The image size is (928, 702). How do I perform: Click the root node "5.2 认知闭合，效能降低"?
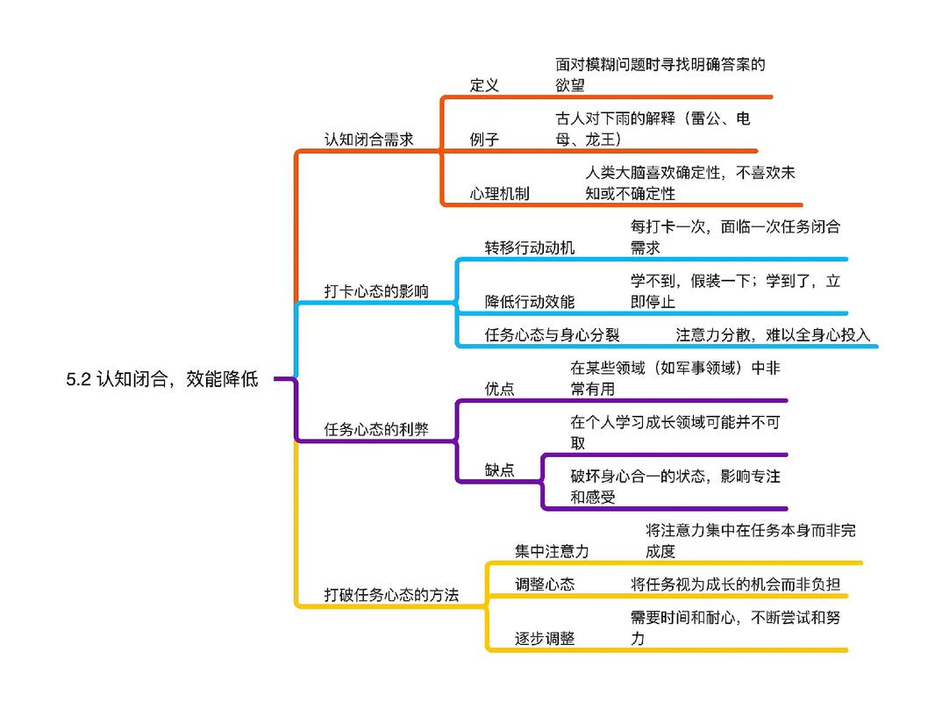(x=162, y=380)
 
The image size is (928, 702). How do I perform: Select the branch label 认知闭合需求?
(x=368, y=140)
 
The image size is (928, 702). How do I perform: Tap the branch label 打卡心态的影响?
(x=376, y=291)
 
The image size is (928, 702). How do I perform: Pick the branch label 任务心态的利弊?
(x=376, y=429)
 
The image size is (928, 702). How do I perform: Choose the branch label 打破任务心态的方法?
(x=391, y=595)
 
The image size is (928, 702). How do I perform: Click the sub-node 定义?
(x=484, y=85)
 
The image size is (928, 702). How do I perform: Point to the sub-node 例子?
(x=484, y=140)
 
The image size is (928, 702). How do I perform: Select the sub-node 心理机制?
(x=499, y=194)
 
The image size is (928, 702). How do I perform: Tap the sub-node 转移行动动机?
(x=530, y=247)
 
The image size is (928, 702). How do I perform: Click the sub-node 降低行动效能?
(x=530, y=302)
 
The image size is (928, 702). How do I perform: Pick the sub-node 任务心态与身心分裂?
(x=553, y=334)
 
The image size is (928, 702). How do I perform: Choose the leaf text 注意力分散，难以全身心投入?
(x=773, y=334)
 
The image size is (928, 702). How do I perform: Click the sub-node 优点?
(x=499, y=389)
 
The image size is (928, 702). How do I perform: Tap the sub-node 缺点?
(x=499, y=469)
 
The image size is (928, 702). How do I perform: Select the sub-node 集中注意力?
(x=552, y=551)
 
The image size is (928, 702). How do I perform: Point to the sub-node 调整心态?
(x=545, y=584)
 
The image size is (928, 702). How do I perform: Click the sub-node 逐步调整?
(x=545, y=638)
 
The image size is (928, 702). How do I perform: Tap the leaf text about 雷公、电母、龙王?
(x=653, y=129)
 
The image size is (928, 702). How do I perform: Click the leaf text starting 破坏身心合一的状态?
(x=675, y=487)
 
